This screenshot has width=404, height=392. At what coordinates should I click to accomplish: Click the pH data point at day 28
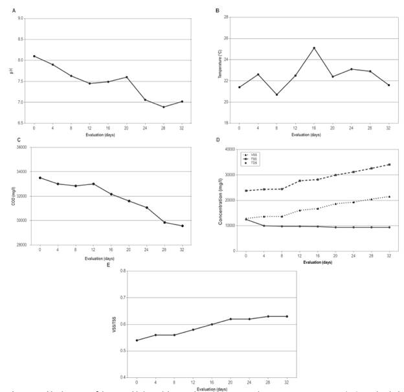tap(164, 107)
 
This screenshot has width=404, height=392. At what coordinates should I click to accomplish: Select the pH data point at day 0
tap(34, 56)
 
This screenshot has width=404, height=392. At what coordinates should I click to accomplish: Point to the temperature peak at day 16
tap(314, 48)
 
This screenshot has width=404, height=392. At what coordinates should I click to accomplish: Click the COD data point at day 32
tap(182, 226)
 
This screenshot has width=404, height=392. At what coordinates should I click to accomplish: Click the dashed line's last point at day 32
tap(388, 164)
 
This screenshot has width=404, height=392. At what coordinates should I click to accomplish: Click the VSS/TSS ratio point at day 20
tap(230, 319)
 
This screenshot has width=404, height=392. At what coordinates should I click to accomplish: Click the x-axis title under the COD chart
tap(110, 258)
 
